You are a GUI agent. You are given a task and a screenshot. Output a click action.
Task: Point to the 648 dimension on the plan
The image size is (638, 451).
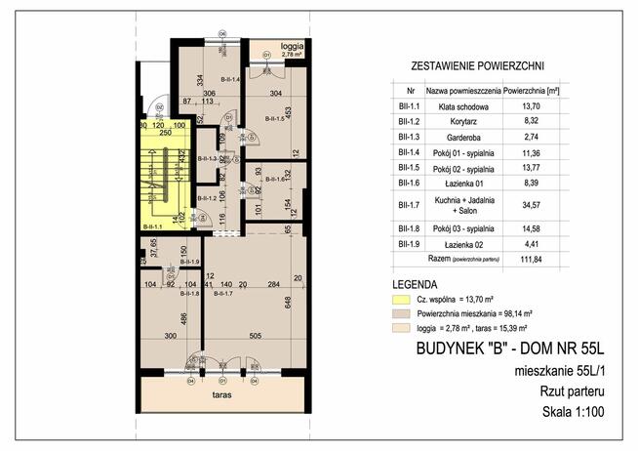coord(288,306)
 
